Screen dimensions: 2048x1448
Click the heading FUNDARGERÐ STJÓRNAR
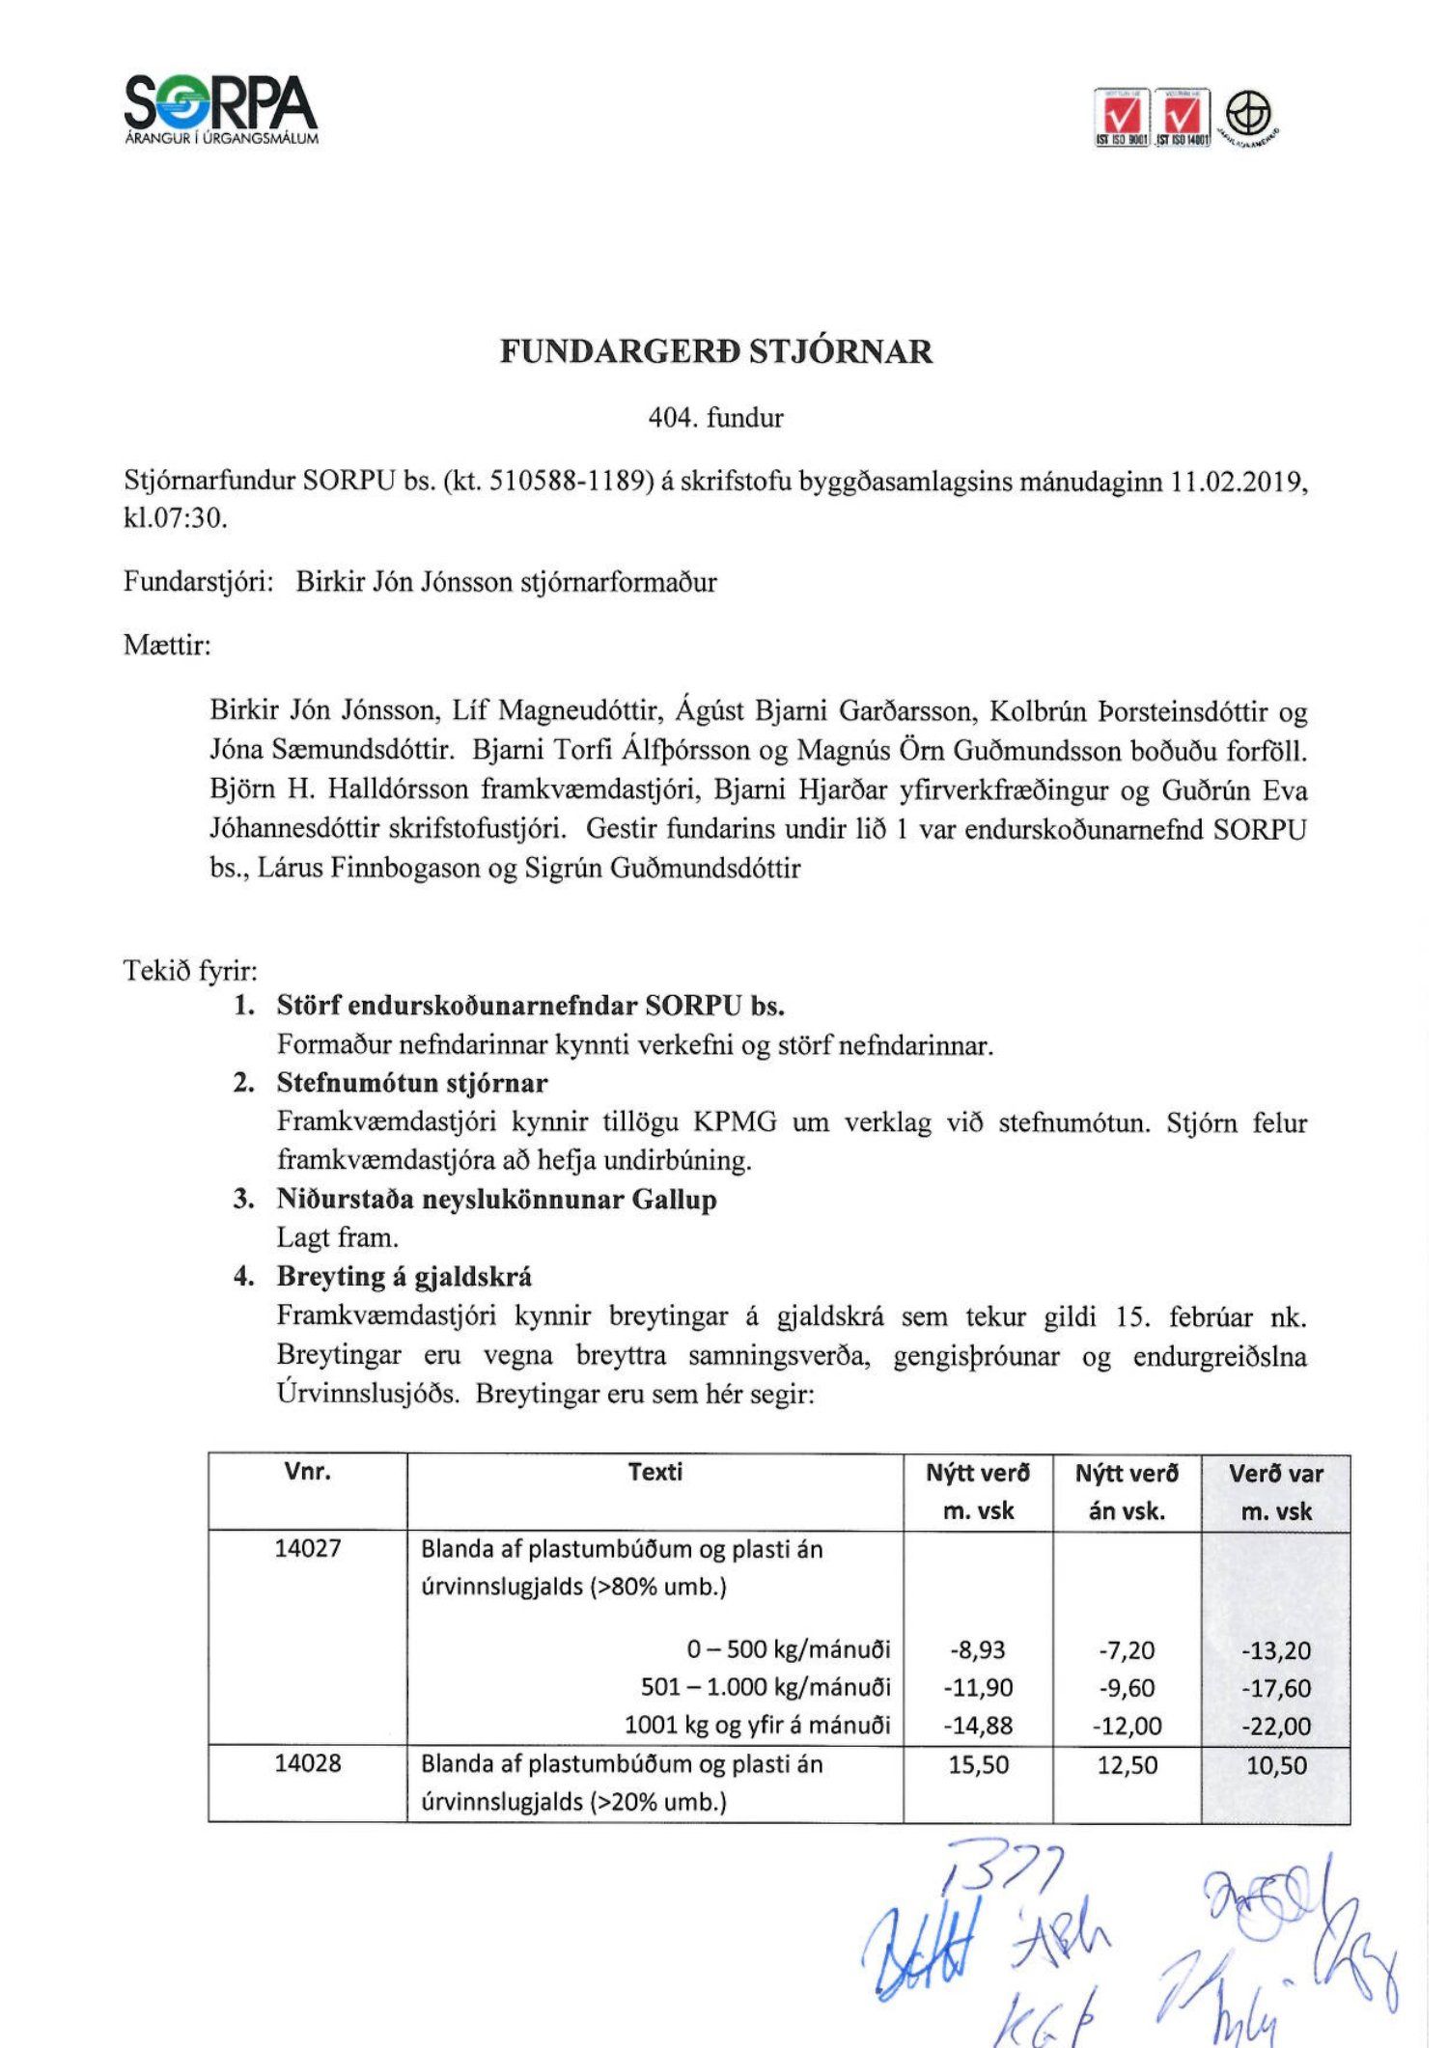(716, 351)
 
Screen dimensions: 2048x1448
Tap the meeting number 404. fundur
(716, 418)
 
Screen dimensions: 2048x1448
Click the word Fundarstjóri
(198, 582)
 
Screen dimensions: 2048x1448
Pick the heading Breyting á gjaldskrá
(404, 1277)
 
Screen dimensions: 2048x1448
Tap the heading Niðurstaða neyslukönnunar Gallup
(496, 1200)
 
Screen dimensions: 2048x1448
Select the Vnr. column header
(308, 1472)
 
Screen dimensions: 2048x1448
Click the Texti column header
(654, 1472)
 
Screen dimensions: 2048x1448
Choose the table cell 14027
(308, 1548)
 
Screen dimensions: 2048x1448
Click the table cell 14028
(308, 1763)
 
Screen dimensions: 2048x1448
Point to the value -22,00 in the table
(1275, 1726)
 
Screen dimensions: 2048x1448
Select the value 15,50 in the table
(978, 1764)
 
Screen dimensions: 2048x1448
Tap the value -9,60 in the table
(1127, 1687)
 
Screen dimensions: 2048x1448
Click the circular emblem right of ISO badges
(1249, 115)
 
